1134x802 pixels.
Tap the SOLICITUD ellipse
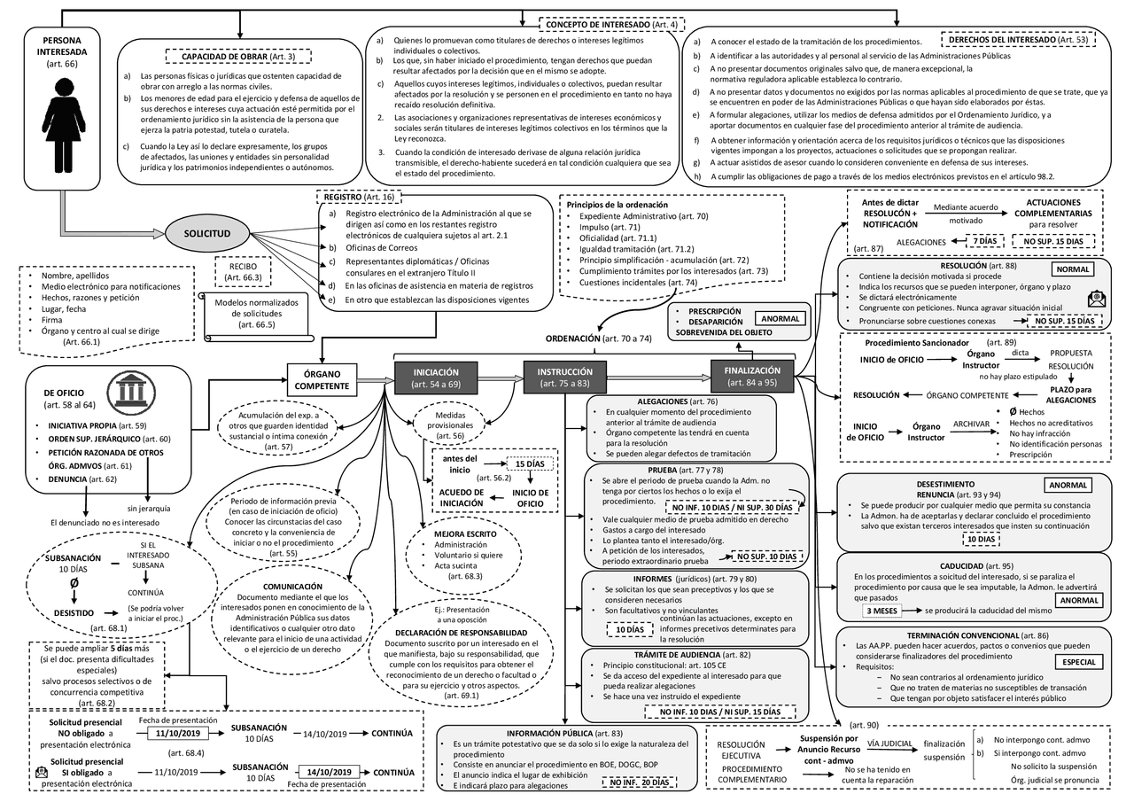207,234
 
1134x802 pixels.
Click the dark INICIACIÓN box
435,378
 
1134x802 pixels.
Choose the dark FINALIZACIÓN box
751,377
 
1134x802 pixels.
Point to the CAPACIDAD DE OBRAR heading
239,57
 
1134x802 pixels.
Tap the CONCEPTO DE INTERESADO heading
612,25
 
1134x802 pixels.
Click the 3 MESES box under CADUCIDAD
887,611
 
